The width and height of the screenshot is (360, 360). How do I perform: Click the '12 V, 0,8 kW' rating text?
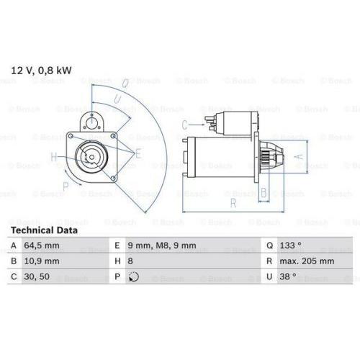41,71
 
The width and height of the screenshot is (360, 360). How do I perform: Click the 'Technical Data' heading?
44,230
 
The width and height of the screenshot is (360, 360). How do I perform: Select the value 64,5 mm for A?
42,246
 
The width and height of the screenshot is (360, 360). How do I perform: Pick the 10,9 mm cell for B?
42,261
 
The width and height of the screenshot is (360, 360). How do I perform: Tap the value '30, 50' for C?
37,276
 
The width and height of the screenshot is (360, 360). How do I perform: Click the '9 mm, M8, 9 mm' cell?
162,246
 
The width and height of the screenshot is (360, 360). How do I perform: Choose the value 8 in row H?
130,261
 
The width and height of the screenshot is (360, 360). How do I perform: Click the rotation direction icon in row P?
134,276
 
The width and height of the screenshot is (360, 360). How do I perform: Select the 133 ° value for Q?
290,246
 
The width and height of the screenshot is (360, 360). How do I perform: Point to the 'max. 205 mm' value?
307,261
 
